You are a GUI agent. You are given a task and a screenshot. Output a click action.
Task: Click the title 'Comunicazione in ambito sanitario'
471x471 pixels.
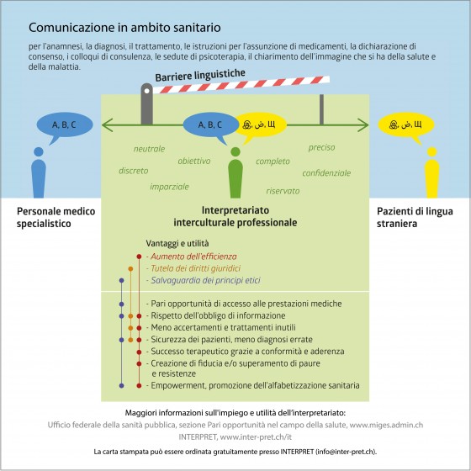coord(124,28)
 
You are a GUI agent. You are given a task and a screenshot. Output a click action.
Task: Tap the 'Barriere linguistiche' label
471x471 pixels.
coord(200,75)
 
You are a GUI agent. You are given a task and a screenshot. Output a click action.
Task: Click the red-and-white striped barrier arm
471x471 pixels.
coord(241,85)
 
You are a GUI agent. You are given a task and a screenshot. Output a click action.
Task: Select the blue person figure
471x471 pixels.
coord(39,172)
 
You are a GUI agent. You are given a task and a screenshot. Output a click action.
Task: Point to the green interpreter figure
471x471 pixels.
coord(235,172)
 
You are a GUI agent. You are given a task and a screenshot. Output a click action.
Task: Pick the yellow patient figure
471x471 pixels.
coord(432,172)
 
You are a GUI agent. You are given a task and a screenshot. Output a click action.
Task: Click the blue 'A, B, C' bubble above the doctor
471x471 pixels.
coord(65,125)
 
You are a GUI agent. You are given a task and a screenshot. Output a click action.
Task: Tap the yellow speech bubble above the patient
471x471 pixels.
coord(405,125)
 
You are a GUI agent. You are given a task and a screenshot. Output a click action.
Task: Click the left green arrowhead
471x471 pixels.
coord(107,125)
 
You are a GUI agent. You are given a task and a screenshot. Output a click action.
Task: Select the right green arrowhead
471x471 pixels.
coord(363,125)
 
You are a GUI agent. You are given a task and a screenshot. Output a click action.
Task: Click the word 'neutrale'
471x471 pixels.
coord(150,149)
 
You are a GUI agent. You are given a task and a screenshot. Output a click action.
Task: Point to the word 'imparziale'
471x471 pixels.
coord(169,187)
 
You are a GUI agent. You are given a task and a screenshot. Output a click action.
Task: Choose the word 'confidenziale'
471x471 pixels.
coord(326,173)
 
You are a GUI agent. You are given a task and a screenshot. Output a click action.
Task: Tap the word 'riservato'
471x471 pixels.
coord(283,191)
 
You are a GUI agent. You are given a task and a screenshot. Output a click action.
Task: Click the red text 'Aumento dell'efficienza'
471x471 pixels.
coord(193,257)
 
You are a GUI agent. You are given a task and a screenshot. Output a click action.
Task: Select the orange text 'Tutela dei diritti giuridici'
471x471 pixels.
coord(195,268)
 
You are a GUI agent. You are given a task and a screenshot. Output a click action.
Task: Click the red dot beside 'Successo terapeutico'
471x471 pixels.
coord(139,352)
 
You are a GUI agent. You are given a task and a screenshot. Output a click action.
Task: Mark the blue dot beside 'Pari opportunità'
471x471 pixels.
coord(121,304)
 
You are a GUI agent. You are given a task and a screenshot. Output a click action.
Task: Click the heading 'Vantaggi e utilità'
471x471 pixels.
coord(177,243)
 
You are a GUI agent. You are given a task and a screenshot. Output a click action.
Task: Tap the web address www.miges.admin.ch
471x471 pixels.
coord(386,425)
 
